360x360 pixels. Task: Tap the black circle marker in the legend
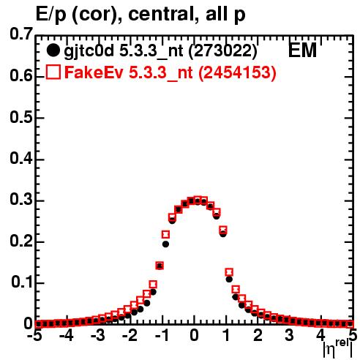point(53,50)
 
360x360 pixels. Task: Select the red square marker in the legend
point(53,72)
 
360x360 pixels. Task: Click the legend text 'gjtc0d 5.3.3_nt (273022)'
point(160,52)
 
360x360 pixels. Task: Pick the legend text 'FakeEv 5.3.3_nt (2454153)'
point(170,73)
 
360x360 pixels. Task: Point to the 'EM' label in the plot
point(302,50)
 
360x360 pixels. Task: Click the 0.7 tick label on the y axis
point(20,34)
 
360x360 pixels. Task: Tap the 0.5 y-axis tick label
point(20,118)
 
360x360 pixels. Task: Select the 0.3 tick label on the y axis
point(20,200)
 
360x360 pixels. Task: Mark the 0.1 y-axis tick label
point(21,282)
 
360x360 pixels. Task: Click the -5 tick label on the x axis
point(36,336)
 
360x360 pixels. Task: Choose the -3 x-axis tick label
point(99,336)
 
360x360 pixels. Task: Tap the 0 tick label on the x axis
point(194,336)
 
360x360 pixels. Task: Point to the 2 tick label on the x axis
point(258,336)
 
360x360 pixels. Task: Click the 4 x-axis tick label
point(321,336)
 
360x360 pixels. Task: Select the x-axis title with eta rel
point(338,349)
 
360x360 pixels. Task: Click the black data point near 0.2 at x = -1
point(165,244)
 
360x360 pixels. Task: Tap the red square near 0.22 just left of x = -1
point(165,235)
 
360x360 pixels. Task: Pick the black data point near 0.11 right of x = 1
point(229,280)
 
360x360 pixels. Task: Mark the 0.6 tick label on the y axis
point(20,76)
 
